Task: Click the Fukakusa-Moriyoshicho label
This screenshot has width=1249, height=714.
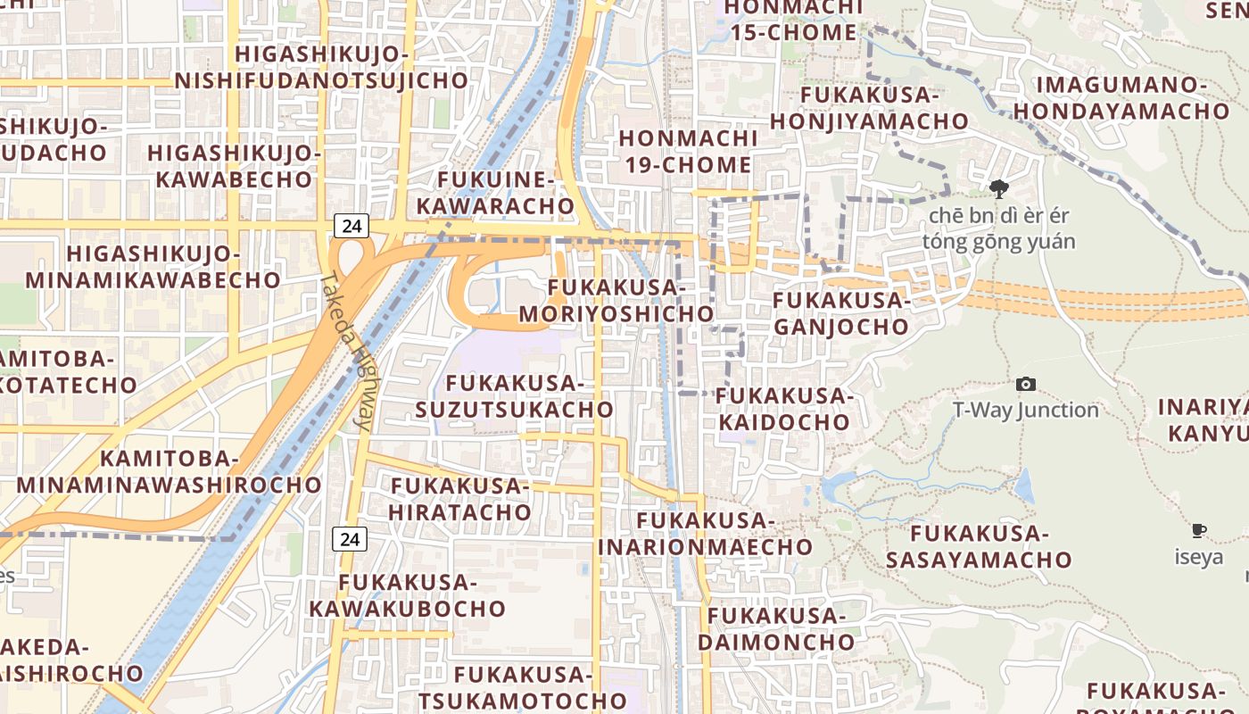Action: coord(616,301)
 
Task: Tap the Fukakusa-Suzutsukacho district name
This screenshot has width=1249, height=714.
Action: coord(514,396)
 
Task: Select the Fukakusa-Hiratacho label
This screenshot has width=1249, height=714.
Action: coord(460,499)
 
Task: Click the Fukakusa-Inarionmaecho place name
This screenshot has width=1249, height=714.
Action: coord(705,533)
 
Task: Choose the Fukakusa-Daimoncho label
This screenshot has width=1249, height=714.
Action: coord(776,628)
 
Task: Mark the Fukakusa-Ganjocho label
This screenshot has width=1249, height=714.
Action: coord(840,313)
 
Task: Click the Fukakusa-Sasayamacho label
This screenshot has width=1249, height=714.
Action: coord(978,546)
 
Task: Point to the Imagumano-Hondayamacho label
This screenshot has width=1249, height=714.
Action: coord(1121,98)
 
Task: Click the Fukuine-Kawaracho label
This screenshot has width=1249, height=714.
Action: coord(496,193)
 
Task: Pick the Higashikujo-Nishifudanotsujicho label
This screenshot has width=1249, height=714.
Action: coord(321,68)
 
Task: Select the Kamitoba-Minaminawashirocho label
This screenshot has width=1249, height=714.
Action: coord(169,471)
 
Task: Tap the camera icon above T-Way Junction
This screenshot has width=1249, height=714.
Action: coord(1026,385)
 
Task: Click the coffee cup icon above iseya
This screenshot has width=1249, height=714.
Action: coord(1199,531)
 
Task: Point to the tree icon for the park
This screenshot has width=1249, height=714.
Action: coord(999,188)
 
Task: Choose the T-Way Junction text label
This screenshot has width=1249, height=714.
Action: coord(1026,410)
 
